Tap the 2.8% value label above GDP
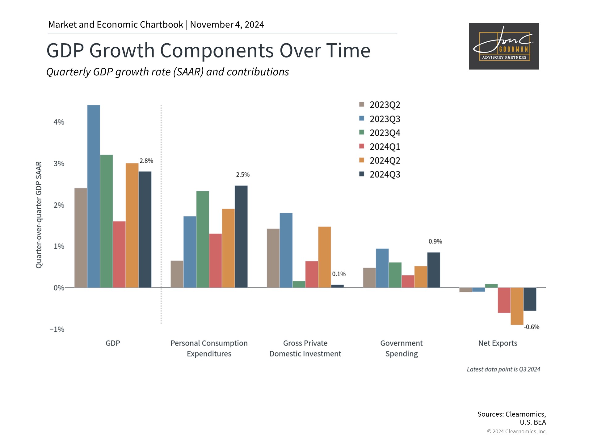(x=146, y=161)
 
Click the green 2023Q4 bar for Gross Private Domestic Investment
(x=299, y=284)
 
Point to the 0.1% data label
(x=339, y=274)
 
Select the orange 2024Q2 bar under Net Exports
(x=517, y=306)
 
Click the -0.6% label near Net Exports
(x=532, y=327)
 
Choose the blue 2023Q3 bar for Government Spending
(x=382, y=268)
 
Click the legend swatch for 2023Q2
(x=362, y=104)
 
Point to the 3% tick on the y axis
(x=59, y=164)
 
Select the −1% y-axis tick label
(x=57, y=329)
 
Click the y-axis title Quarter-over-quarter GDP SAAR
(x=39, y=215)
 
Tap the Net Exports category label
(x=498, y=343)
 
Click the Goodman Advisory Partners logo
(x=503, y=46)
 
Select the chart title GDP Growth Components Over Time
(x=208, y=50)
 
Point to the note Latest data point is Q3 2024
(x=503, y=369)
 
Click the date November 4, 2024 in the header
(x=227, y=25)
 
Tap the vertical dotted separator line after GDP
(x=161, y=216)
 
